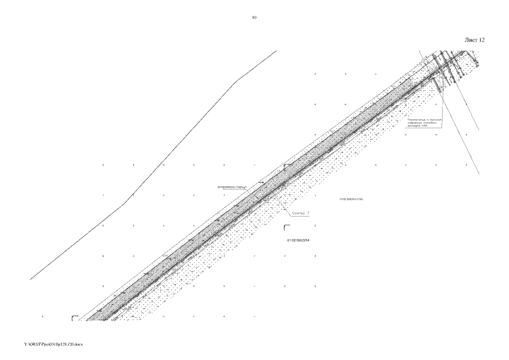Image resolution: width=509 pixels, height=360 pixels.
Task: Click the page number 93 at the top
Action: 254,18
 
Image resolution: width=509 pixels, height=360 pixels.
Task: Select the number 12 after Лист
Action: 481,40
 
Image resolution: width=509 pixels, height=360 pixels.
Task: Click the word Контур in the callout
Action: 296,213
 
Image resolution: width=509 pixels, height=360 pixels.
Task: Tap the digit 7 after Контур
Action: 308,213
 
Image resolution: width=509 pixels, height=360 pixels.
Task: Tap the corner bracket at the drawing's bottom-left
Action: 74,318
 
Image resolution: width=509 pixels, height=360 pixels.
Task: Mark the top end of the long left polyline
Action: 276,51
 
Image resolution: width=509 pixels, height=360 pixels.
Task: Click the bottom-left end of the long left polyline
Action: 30,279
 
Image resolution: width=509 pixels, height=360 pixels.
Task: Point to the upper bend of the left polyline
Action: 235,82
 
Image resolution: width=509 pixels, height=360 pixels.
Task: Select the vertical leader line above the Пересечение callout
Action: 442,101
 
